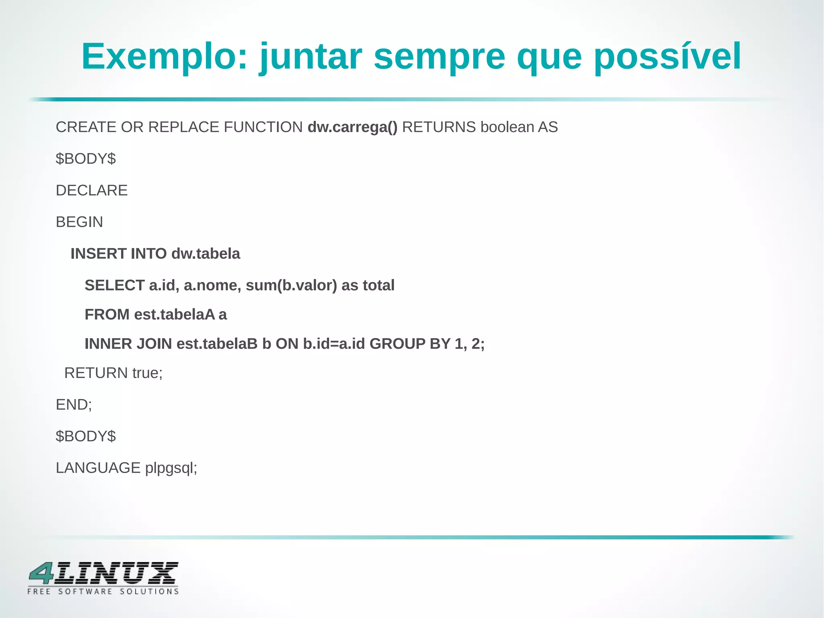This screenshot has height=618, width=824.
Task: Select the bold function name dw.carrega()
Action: pos(352,127)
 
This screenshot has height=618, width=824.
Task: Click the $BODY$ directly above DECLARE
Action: pos(86,159)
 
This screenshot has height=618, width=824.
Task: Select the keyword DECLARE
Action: pos(92,190)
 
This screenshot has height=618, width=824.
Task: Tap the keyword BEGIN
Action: pos(79,222)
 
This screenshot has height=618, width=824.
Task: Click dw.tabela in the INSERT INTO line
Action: pos(206,254)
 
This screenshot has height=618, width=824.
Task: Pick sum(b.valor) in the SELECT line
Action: pos(291,285)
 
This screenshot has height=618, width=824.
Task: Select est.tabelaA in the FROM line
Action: pos(175,314)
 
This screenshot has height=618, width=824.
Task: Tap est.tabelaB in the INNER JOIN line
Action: pos(217,344)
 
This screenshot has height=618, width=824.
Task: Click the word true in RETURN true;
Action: pos(147,373)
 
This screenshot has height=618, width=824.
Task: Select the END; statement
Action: pos(74,405)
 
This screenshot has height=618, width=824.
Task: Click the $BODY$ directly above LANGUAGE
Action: pos(86,436)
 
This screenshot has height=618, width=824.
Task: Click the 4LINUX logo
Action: pos(103,578)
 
